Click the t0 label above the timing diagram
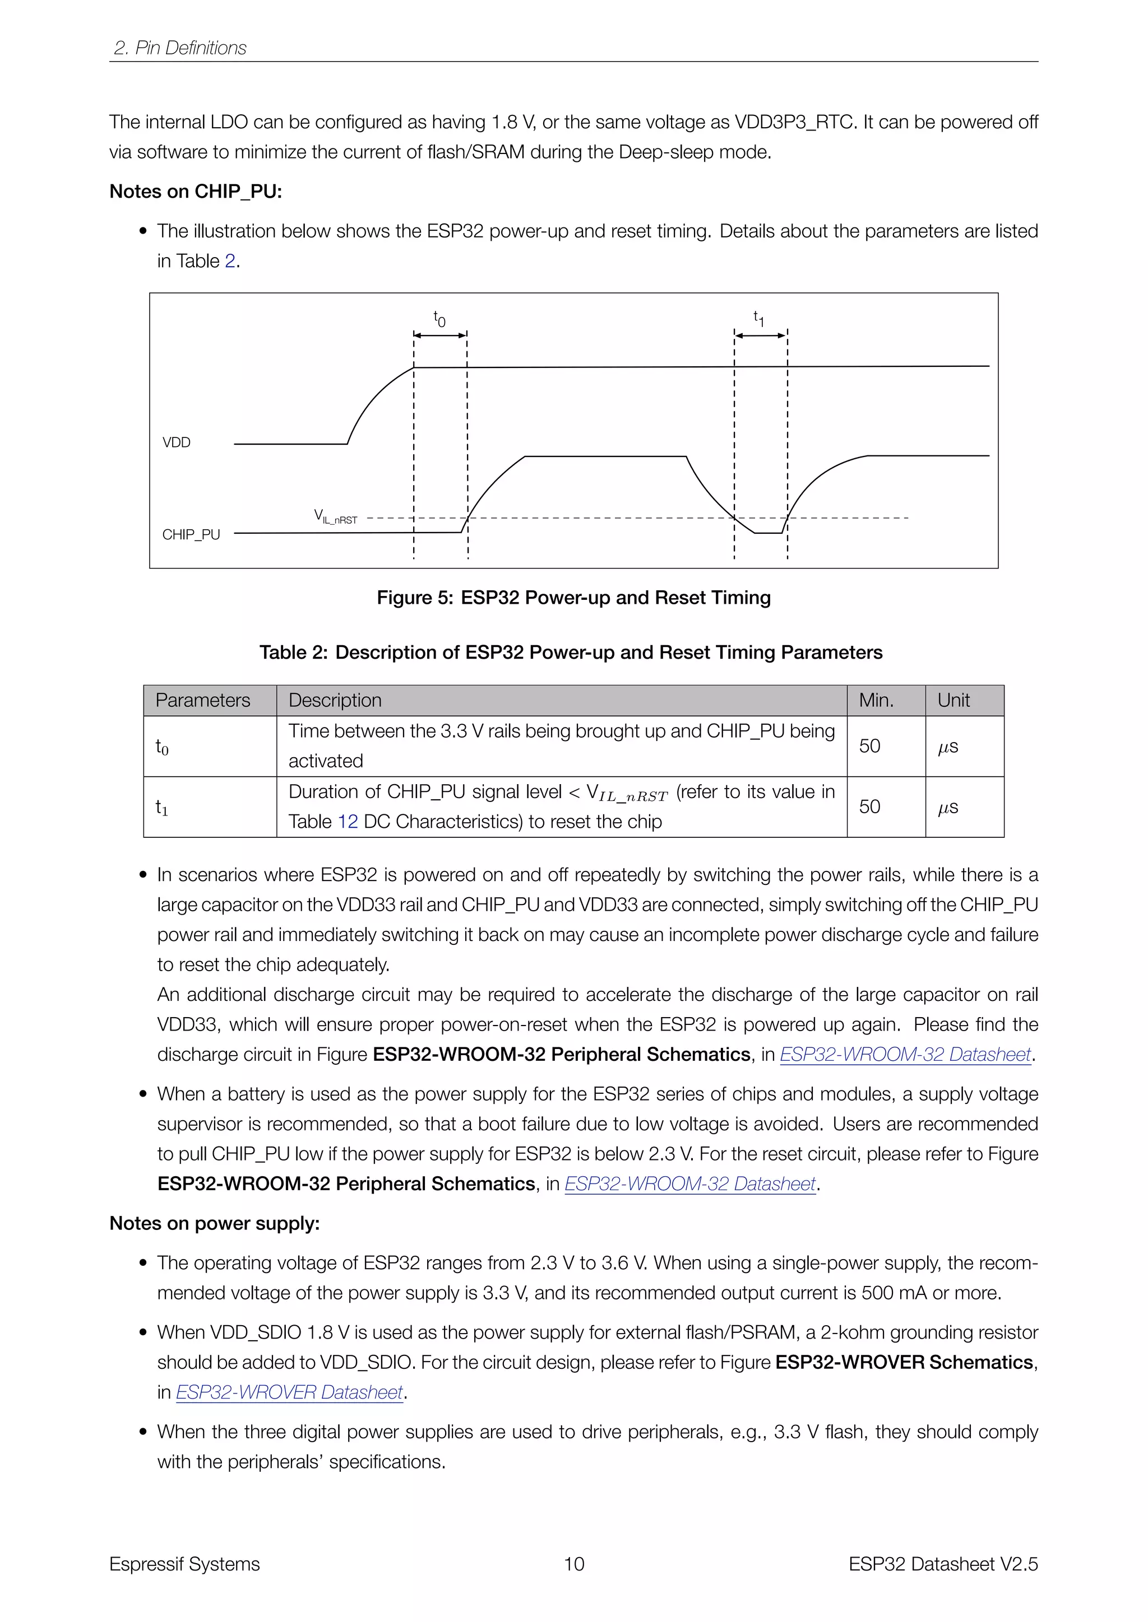[x=439, y=319]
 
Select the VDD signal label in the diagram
[x=176, y=442]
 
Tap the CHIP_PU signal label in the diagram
[x=191, y=535]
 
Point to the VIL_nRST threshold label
[x=336, y=516]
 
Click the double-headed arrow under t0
[x=439, y=335]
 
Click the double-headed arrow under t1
[x=761, y=335]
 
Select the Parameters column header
[x=203, y=700]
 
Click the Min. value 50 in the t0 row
[x=869, y=746]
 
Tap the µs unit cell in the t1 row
[x=948, y=807]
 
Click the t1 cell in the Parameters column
[x=162, y=807]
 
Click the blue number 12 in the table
[x=348, y=822]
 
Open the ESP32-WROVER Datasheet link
[x=289, y=1392]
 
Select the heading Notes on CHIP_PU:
[x=195, y=192]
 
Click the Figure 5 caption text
[x=573, y=598]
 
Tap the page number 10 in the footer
[x=573, y=1564]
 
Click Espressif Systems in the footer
[x=184, y=1564]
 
